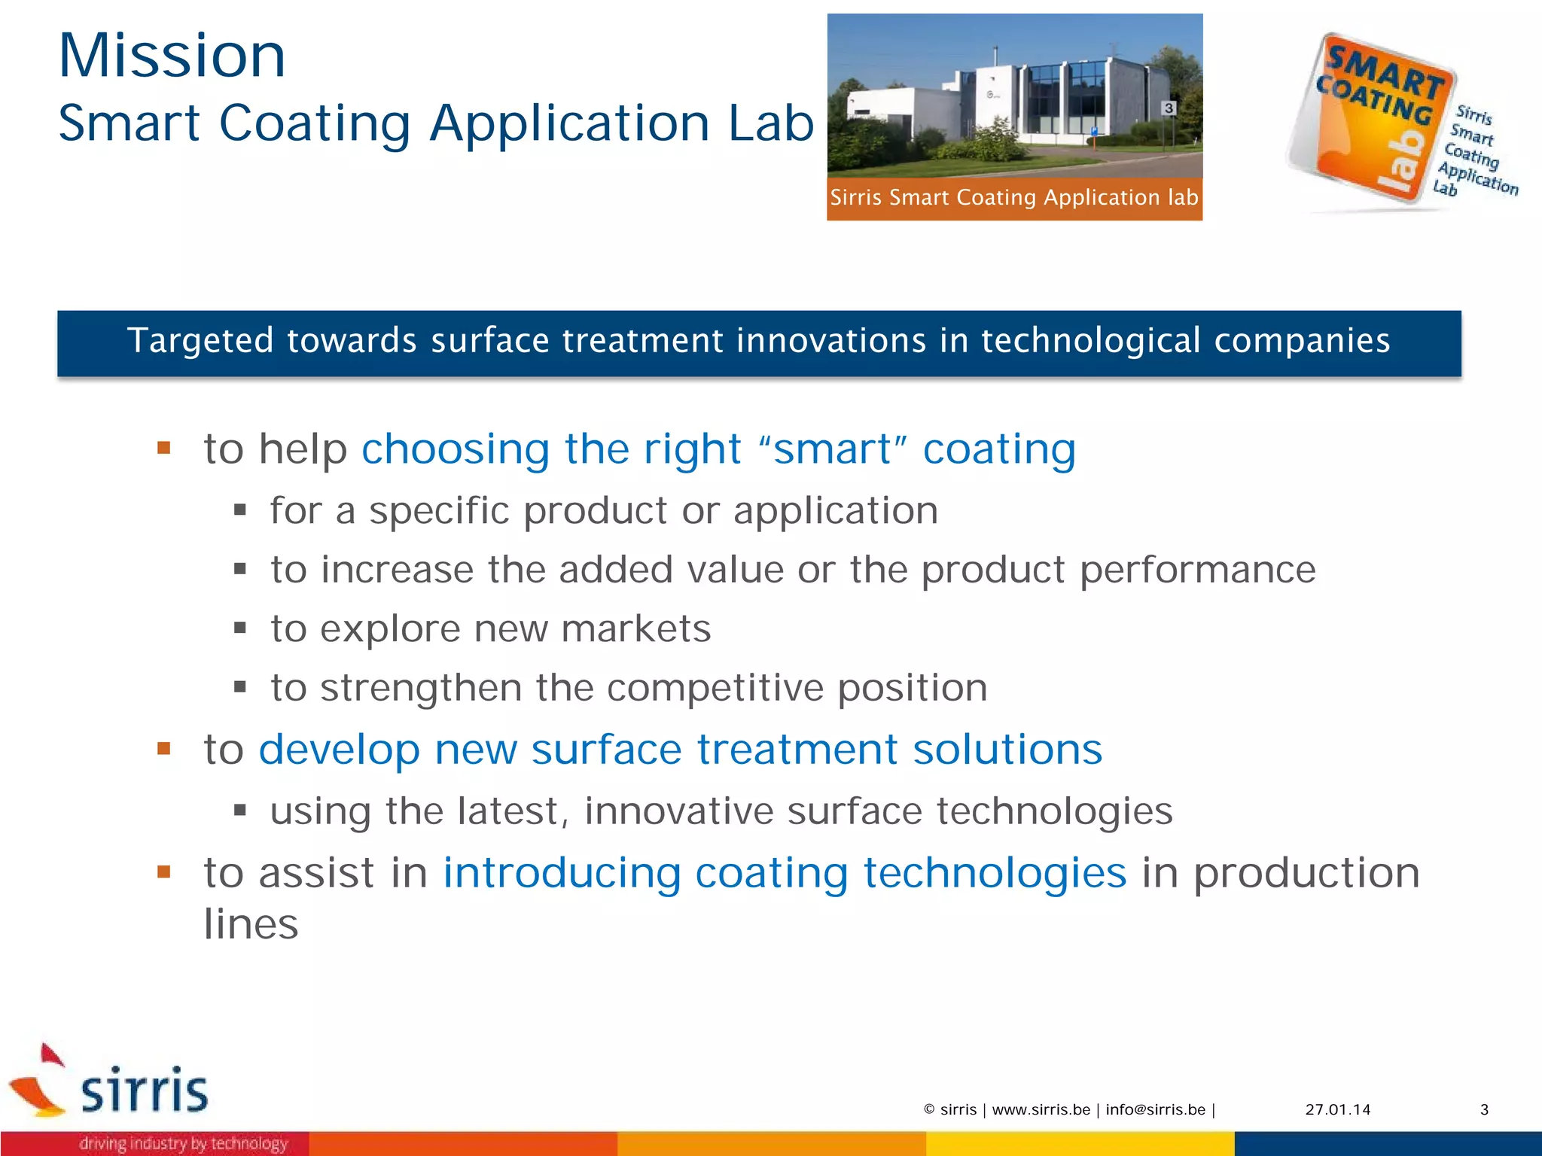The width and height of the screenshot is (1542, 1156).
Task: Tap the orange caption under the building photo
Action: coord(1013,198)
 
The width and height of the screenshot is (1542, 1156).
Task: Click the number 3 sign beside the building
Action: coord(1169,108)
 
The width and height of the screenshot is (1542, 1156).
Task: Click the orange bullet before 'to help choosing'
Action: coord(164,449)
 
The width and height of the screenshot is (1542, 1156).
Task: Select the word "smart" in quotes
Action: coord(833,450)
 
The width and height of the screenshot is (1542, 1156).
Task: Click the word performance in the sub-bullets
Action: coord(1197,570)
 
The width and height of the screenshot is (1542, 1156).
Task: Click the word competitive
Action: coord(716,688)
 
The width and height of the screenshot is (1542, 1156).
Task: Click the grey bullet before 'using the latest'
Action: coord(240,811)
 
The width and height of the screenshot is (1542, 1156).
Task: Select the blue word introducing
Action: coord(561,873)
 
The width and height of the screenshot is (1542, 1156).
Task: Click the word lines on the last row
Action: coord(251,924)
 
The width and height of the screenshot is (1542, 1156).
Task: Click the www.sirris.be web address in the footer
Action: coord(1041,1109)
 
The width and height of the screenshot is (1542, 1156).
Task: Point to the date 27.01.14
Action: coord(1337,1109)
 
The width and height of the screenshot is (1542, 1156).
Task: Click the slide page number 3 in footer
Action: coord(1484,1109)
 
